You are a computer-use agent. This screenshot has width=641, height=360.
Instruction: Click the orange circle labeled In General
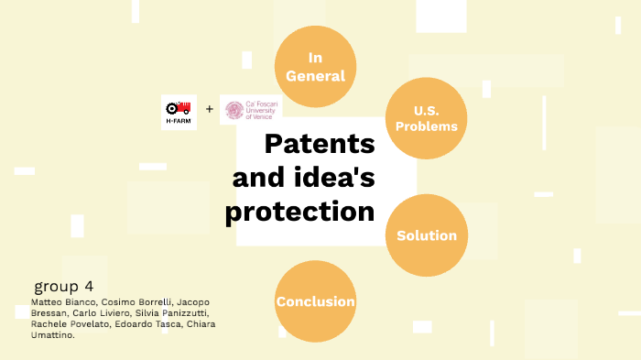[x=315, y=66]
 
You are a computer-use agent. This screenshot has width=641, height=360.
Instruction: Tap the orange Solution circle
[x=426, y=235]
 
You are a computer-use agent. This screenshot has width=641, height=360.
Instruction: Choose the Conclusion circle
[x=315, y=300]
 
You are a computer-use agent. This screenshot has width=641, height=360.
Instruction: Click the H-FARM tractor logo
[x=179, y=111]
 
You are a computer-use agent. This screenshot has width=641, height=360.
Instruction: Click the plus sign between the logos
[x=209, y=110]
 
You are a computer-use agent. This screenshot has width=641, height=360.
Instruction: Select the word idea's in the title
[x=330, y=177]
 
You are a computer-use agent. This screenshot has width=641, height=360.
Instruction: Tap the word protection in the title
[x=300, y=211]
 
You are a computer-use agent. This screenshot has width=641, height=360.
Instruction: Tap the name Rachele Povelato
[x=68, y=323]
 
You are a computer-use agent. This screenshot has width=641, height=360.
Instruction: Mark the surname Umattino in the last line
[x=51, y=334]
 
